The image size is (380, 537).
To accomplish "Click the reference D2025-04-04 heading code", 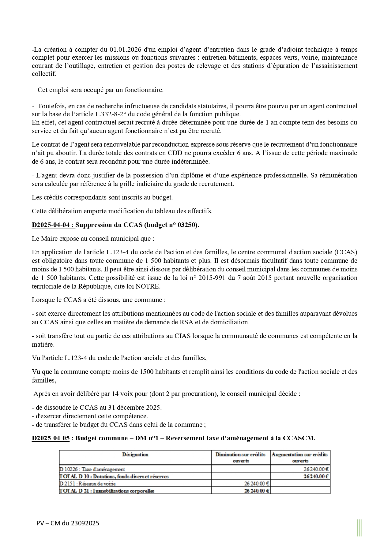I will [53, 225].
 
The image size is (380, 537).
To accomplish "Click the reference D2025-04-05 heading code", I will [51, 438].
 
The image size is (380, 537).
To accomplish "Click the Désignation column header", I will [135, 455].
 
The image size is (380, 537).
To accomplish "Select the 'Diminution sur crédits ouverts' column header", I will [240, 457].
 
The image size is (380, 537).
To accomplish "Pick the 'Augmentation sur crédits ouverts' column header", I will [300, 457].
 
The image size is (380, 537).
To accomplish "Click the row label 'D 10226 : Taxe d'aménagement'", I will [92, 469].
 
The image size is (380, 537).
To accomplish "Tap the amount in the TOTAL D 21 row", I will [257, 490].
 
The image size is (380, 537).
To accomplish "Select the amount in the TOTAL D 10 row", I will [316, 476].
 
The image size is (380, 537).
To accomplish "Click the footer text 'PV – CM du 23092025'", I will [68, 523].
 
